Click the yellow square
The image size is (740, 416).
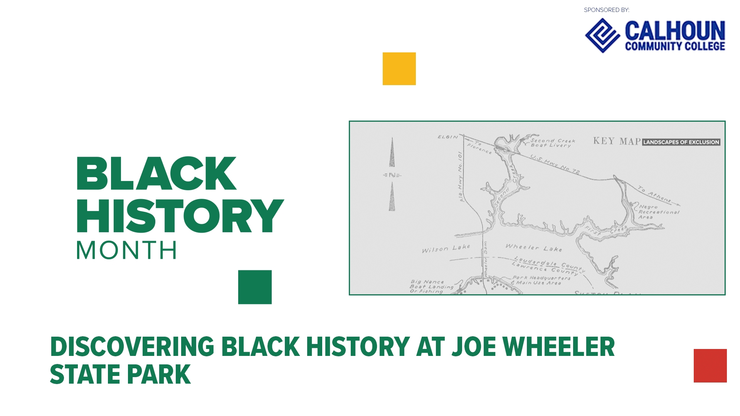399,69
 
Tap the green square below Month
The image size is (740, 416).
255,287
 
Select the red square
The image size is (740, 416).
710,366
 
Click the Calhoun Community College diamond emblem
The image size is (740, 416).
602,35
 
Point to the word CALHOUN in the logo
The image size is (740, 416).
675,30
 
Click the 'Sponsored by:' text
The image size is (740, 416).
606,10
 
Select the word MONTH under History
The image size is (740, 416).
126,250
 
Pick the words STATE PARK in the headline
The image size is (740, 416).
120,374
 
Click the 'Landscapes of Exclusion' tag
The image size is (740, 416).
681,142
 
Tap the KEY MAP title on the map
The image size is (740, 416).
617,141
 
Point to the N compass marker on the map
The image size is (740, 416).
392,175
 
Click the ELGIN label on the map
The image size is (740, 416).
448,137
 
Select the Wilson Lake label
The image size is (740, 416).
446,248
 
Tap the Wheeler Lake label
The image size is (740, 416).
534,248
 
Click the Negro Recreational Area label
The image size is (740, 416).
658,212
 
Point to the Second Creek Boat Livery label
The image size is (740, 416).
552,143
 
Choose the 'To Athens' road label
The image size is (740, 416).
654,195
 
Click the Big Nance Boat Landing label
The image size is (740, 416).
431,287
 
